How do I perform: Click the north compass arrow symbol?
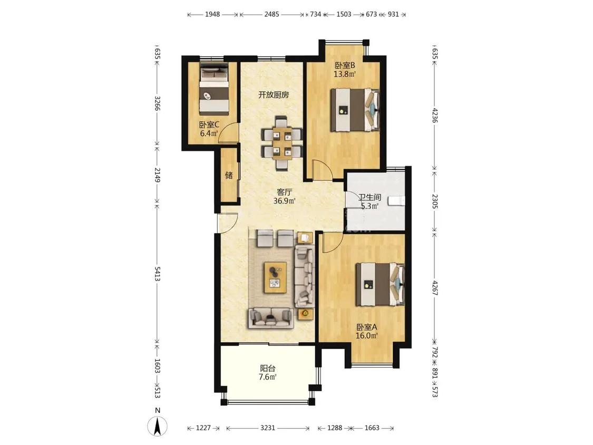[158, 425]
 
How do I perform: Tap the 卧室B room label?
[345, 65]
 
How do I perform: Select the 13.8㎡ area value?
[345, 74]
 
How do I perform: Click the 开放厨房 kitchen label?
[274, 94]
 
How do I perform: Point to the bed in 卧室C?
[215, 91]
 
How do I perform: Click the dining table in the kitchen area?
[283, 142]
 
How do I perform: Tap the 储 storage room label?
[229, 175]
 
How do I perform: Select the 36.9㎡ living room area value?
[285, 201]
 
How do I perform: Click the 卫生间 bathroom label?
[370, 197]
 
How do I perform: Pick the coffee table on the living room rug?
[276, 277]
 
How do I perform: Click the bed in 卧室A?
[380, 284]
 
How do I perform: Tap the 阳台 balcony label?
[267, 368]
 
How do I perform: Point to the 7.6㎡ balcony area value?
[267, 377]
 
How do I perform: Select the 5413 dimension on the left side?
[157, 274]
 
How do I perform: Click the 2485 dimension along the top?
[271, 14]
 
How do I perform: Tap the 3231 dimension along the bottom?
[268, 428]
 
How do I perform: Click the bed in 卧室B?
[355, 110]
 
